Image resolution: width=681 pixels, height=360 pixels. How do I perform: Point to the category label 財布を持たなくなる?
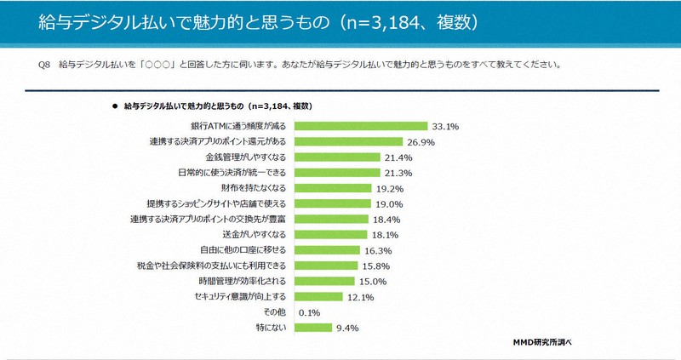255,188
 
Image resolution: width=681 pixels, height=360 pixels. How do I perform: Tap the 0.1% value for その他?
309,311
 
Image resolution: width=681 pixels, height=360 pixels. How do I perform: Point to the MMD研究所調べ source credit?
541,341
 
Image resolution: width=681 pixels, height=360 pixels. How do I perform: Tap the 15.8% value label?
377,266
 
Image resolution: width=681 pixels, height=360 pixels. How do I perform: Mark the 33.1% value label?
445,126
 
